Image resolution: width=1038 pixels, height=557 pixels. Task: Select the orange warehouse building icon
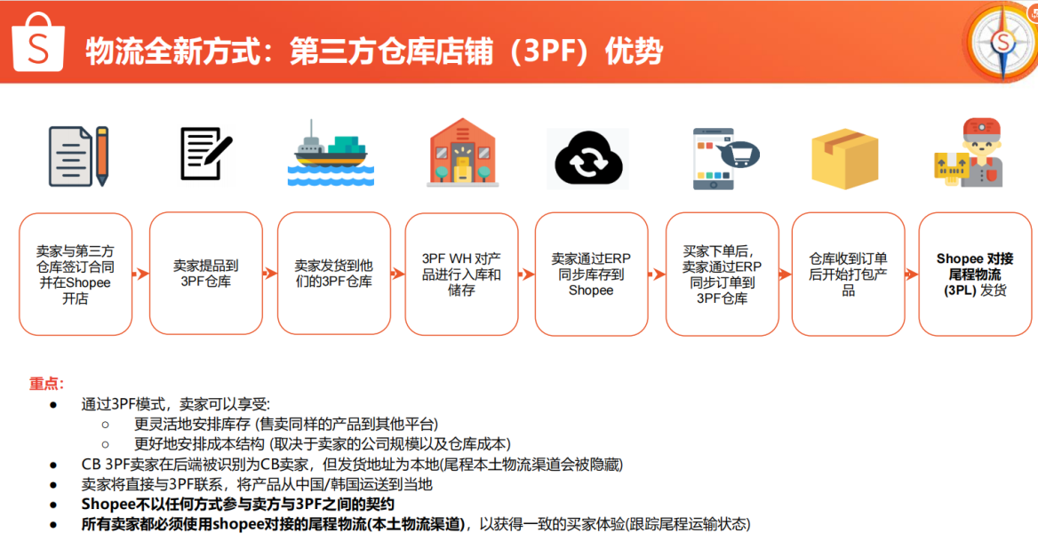(x=461, y=152)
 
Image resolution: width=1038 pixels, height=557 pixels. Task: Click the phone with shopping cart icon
(x=721, y=158)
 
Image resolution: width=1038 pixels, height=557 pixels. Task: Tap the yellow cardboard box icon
(x=844, y=158)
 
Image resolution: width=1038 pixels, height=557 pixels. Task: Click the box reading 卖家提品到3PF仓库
(x=205, y=273)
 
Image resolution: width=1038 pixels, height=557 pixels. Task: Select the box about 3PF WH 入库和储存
(x=461, y=273)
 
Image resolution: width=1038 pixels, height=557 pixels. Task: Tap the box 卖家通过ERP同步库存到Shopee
(x=591, y=273)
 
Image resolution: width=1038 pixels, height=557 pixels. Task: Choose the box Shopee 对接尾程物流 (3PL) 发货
(x=975, y=273)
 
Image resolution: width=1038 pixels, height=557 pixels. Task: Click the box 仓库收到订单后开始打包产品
(x=848, y=273)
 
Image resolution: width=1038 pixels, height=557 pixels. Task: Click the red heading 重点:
(x=46, y=384)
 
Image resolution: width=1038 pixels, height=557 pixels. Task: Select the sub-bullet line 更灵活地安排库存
(x=285, y=424)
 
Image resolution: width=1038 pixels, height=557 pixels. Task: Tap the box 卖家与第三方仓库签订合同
(x=75, y=273)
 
